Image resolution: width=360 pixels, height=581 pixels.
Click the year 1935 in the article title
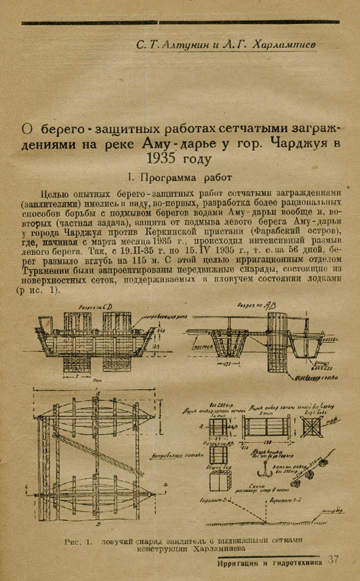(170, 157)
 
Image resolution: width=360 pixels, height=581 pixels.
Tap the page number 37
(333, 560)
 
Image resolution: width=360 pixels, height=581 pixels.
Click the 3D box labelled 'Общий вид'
(219, 481)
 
